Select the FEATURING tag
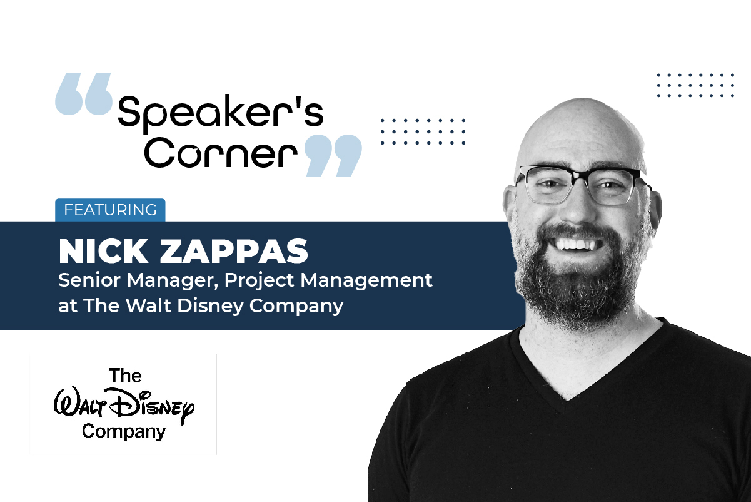pos(110,210)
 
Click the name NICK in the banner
pos(100,251)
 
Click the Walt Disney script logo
pos(124,404)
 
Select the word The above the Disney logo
pos(125,376)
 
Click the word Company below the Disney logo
pos(124,431)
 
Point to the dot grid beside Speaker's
pos(423,131)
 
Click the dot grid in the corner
pos(695,85)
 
